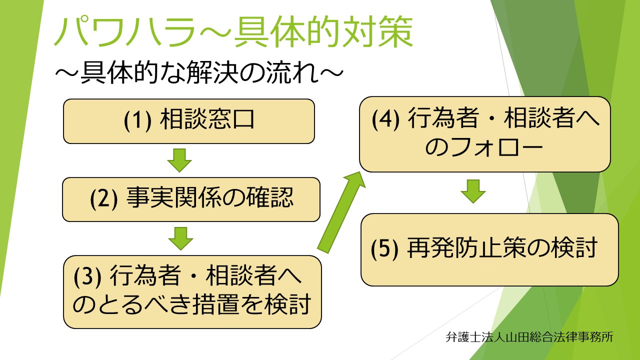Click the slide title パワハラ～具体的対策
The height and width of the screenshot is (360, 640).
(233, 31)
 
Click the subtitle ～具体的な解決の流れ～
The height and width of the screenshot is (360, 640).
(199, 72)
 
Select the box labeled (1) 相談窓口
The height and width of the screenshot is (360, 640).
(189, 121)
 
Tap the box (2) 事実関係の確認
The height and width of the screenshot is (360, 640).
(191, 199)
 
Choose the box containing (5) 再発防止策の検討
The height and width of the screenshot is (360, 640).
(489, 249)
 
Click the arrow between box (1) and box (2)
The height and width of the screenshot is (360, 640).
(179, 160)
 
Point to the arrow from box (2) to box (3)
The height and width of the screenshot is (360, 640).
(180, 238)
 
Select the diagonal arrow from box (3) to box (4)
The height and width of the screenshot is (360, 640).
(341, 212)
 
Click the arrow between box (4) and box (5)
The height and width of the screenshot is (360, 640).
(473, 191)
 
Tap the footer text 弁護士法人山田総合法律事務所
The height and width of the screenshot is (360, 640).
(529, 337)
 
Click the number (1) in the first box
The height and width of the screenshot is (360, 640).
(137, 120)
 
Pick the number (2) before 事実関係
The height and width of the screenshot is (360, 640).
(103, 198)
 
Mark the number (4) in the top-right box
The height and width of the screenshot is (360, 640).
(385, 119)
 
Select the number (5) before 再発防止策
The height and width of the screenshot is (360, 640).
(384, 248)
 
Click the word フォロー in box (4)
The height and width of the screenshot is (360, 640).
(496, 147)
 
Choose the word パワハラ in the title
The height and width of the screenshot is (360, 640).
(125, 31)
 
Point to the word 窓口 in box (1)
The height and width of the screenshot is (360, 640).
(231, 119)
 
